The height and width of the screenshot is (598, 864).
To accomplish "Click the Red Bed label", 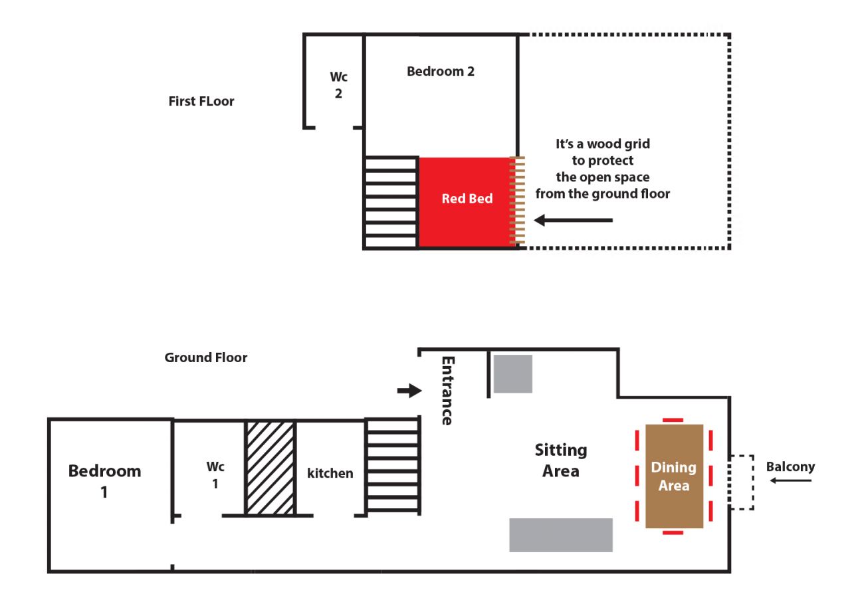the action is point(467,199).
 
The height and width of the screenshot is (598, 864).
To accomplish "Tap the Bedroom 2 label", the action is point(441,71).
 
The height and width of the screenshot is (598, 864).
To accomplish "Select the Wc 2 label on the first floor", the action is point(339,85).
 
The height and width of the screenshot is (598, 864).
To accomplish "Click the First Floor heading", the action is point(201,101).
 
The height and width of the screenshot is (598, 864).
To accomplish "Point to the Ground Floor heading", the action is point(205,357).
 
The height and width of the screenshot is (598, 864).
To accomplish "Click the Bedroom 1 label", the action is point(104,481).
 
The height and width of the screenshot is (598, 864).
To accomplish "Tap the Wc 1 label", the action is point(215,474).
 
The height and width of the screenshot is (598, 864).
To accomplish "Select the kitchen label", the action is point(330,473).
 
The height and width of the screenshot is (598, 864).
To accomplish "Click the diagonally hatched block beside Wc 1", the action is point(270,468).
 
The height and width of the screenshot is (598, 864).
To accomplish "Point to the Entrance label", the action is point(448,391).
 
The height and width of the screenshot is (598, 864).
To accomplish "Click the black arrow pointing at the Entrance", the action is point(409,391).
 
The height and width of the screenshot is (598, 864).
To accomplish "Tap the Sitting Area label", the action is point(561,460).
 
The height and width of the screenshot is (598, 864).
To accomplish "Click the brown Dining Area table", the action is point(674,476).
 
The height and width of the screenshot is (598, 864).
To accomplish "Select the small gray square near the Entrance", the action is point(513,374).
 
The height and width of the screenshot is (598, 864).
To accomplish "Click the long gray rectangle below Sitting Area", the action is point(561,535).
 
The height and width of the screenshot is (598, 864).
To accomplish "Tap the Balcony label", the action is point(790,466).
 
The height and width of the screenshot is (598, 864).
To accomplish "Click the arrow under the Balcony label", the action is point(791,480).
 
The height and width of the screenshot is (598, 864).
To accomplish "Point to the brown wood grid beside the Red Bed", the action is point(517,201).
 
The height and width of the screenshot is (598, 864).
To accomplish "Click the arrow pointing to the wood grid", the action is point(573,220).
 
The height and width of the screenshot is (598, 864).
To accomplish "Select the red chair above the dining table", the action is point(673,420).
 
